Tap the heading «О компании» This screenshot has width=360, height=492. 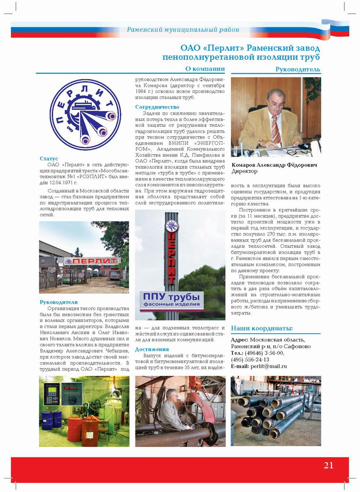(x=205, y=68)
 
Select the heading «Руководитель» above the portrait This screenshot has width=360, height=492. (x=298, y=69)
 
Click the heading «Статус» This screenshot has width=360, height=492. (x=49, y=158)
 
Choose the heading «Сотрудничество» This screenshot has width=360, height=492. (x=157, y=107)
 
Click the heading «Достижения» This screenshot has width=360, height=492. (x=152, y=349)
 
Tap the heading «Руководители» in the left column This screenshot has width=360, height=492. (x=58, y=302)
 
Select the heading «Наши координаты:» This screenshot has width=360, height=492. (x=261, y=328)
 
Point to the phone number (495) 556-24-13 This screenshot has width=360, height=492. (x=250, y=359)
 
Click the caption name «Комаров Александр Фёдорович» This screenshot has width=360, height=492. (x=274, y=165)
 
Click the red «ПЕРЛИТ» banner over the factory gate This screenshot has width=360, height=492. (x=91, y=261)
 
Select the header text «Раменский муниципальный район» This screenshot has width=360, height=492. (x=183, y=30)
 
